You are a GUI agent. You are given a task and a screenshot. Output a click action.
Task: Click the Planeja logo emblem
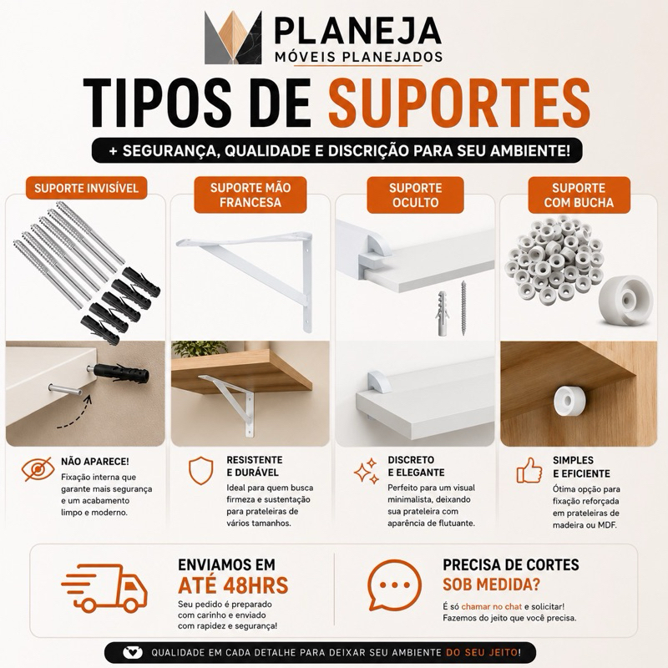[x=233, y=38]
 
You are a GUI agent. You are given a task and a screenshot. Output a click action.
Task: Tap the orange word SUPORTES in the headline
[x=458, y=103]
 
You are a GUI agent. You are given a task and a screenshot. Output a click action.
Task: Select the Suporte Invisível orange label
[x=87, y=189]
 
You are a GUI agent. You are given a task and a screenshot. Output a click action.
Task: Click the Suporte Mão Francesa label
[x=250, y=195]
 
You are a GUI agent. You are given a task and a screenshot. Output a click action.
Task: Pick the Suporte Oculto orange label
[x=415, y=195]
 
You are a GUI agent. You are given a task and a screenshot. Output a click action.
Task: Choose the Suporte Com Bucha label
[x=579, y=195]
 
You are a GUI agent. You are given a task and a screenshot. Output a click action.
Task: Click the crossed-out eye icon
[x=38, y=469]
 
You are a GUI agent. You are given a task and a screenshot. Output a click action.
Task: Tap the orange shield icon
[x=200, y=470]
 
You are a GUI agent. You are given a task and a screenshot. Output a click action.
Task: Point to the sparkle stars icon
[x=367, y=471]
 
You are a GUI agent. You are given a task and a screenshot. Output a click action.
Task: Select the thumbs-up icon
[x=529, y=470]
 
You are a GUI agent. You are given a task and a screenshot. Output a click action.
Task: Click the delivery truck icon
[x=105, y=589]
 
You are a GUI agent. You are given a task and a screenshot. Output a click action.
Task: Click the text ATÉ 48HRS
[x=233, y=585]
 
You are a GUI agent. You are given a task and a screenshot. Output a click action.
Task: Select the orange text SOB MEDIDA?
[x=491, y=584]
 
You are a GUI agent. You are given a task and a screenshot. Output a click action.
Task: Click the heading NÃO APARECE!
[x=95, y=462]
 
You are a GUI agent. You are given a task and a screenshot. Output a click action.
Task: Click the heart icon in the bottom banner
[x=133, y=652]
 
